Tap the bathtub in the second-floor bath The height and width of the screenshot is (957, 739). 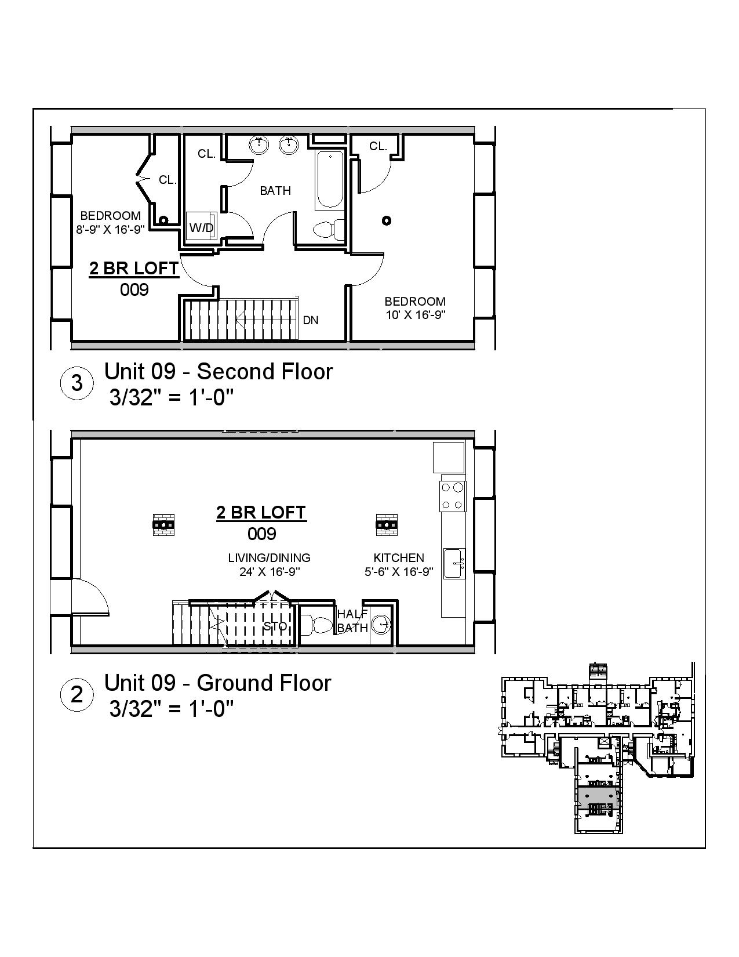pyautogui.click(x=330, y=179)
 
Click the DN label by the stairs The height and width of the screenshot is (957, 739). pyautogui.click(x=311, y=320)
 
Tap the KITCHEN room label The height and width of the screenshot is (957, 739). pyautogui.click(x=399, y=557)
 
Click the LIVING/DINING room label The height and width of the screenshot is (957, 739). pyautogui.click(x=269, y=557)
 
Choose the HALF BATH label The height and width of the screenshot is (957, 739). pyautogui.click(x=352, y=621)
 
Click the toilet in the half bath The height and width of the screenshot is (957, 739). pyautogui.click(x=316, y=625)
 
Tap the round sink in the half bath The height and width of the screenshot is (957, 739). pyautogui.click(x=381, y=625)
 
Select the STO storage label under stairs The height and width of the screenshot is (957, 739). pyautogui.click(x=275, y=626)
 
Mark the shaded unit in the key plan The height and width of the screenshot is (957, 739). pyautogui.click(x=597, y=794)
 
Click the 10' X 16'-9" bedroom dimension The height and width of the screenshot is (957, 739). pyautogui.click(x=415, y=315)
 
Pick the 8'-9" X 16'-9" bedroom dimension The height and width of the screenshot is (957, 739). pyautogui.click(x=110, y=229)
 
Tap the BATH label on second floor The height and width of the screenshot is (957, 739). pyautogui.click(x=275, y=190)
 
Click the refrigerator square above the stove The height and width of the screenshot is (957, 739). pyautogui.click(x=449, y=457)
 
